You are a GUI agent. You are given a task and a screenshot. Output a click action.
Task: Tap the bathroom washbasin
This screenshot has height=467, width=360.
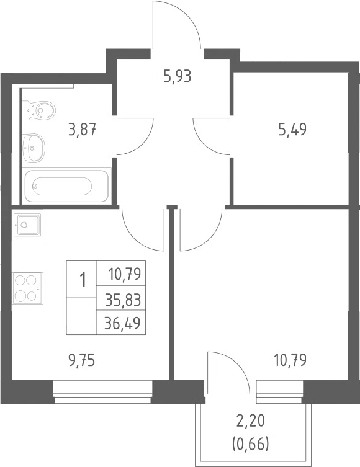pos(34,148)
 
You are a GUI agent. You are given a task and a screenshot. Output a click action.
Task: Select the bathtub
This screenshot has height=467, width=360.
pos(66,186)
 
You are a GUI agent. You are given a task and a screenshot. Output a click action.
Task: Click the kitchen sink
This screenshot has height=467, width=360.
pos(28,225)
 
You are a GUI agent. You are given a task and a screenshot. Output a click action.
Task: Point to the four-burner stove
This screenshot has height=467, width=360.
pos(28,288)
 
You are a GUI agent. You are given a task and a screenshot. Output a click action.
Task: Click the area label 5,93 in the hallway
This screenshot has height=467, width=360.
pos(177,76)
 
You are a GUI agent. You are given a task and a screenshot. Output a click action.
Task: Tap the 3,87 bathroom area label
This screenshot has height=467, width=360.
pos(83,130)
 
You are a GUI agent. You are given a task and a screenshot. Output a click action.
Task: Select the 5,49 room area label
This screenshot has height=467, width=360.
pos(292,130)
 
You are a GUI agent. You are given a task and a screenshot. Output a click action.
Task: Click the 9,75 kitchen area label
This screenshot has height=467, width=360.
pos(81,361)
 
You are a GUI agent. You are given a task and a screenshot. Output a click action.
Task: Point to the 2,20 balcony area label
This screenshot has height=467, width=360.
pos(251,422)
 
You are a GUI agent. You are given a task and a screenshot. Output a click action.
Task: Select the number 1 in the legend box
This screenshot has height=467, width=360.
pos(83,280)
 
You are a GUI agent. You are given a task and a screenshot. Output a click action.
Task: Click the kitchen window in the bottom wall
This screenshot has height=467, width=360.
pos(103,391)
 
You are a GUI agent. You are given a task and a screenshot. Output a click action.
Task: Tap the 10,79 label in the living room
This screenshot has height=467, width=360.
pos(290,360)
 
